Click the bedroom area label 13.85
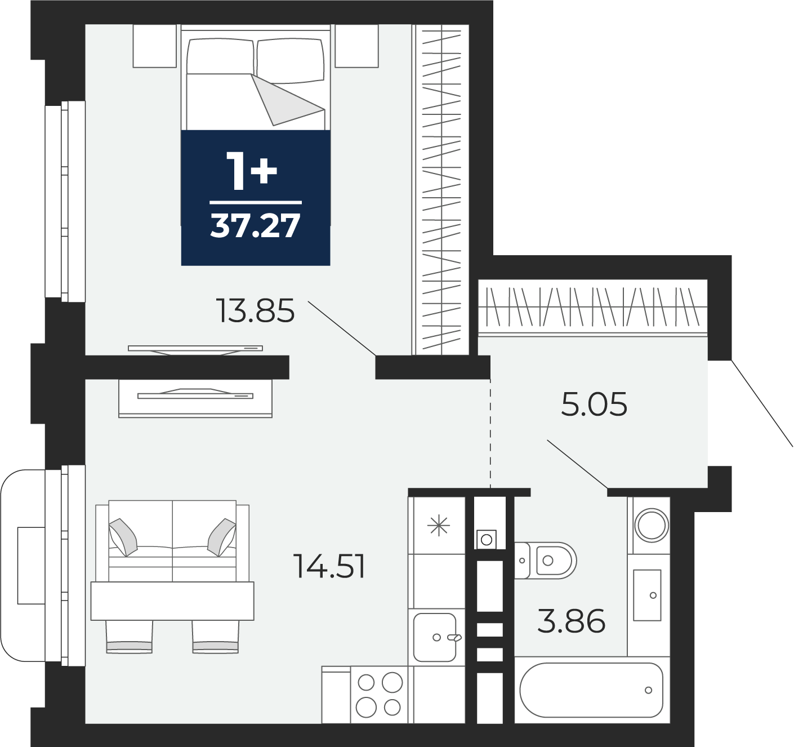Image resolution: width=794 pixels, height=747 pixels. [x=255, y=311]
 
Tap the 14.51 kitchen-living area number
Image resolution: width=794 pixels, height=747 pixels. [x=329, y=566]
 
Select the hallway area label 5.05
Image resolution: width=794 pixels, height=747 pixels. [x=594, y=404]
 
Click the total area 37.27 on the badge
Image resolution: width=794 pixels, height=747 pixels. [x=255, y=226]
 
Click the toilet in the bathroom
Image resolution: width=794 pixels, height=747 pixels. [x=545, y=561]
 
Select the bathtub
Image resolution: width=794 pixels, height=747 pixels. [x=592, y=690]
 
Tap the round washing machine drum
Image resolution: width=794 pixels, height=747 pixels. [x=652, y=526]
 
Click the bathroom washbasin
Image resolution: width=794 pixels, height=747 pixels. [x=647, y=595]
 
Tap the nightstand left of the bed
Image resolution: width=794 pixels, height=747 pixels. [x=155, y=46]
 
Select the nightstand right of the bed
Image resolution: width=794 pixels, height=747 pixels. [x=356, y=46]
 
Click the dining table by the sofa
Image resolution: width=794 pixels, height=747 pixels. [x=172, y=601]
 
